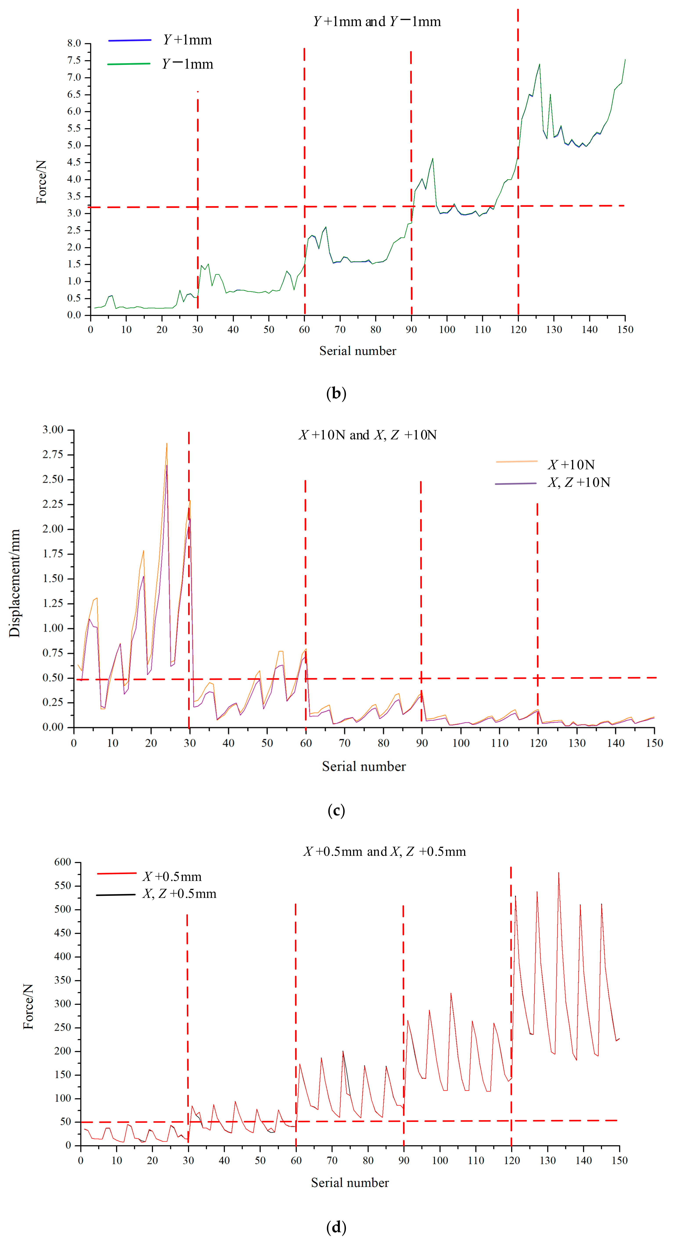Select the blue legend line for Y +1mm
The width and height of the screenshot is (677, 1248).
(130, 40)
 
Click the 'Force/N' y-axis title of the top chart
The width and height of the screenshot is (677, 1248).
(42, 182)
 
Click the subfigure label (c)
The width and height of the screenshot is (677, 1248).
(336, 811)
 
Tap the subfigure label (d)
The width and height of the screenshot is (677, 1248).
(336, 1227)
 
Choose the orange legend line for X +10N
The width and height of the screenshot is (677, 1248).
(517, 462)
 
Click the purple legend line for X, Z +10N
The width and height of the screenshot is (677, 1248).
(515, 484)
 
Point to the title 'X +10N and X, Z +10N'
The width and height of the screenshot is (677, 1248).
(368, 435)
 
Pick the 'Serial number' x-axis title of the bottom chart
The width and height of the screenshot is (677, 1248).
(350, 1183)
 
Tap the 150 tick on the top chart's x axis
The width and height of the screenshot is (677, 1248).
(625, 329)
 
